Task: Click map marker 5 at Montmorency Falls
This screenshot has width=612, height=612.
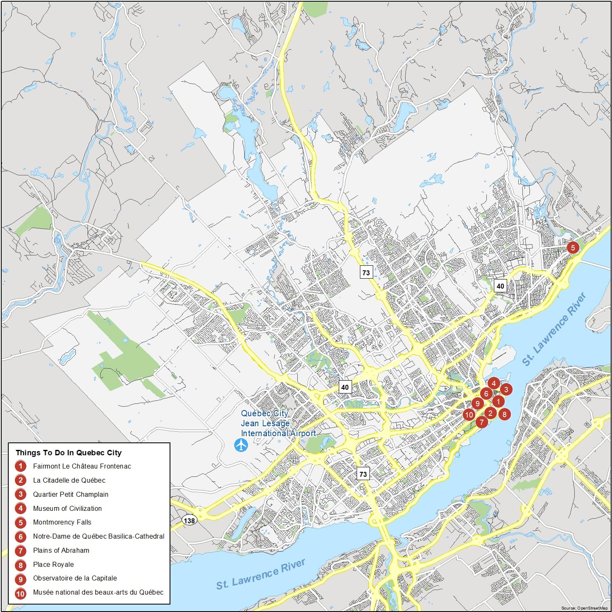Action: pyautogui.click(x=573, y=248)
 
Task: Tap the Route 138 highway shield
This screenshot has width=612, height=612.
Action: pyautogui.click(x=189, y=520)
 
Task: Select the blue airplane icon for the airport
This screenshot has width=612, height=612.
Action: pyautogui.click(x=240, y=445)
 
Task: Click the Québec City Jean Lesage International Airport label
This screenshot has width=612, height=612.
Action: pyautogui.click(x=278, y=423)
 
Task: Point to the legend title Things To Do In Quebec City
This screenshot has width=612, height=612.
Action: pyautogui.click(x=68, y=453)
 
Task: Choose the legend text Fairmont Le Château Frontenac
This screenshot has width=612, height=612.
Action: pyautogui.click(x=82, y=466)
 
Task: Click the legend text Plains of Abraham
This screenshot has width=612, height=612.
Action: pyautogui.click(x=61, y=550)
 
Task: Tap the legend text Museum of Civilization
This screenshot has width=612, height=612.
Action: pyautogui.click(x=67, y=508)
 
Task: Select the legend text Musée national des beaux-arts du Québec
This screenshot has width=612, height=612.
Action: pyautogui.click(x=98, y=592)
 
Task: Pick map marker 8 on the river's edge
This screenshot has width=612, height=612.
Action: pyautogui.click(x=504, y=414)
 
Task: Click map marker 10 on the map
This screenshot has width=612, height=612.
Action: pyautogui.click(x=469, y=415)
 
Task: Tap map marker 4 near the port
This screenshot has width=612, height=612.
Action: pyautogui.click(x=493, y=384)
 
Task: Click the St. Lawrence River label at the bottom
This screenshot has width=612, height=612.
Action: pyautogui.click(x=260, y=574)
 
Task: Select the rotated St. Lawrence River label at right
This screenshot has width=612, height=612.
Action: pyautogui.click(x=554, y=330)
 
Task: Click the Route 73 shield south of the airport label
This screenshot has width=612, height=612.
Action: pyautogui.click(x=363, y=474)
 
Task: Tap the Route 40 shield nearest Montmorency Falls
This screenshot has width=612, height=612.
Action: pyautogui.click(x=500, y=286)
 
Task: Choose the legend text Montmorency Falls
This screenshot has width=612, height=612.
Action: pyautogui.click(x=62, y=522)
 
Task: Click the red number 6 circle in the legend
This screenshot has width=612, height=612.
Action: pyautogui.click(x=20, y=537)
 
